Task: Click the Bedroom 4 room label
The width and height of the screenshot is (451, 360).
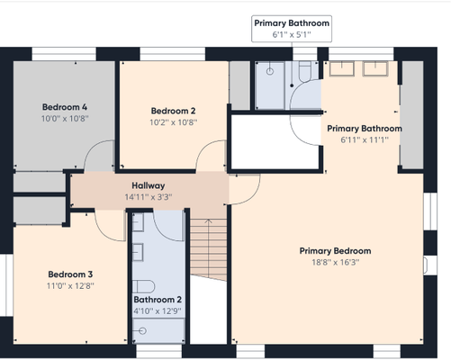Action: point(65,107)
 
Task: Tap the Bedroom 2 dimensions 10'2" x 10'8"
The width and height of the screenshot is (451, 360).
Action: point(174,122)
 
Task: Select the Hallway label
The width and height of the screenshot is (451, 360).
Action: point(149,185)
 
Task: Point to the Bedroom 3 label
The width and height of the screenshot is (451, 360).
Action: point(70,274)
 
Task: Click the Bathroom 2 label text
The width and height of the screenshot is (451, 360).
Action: point(158,300)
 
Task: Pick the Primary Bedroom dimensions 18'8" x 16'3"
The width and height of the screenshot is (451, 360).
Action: point(336,263)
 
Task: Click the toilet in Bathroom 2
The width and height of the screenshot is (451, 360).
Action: point(143,286)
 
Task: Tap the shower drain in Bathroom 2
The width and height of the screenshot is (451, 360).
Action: point(143,331)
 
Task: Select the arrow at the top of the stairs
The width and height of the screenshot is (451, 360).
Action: point(208,221)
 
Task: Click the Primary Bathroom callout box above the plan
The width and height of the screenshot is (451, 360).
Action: point(292,29)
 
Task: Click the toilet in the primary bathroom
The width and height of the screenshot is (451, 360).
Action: point(305,71)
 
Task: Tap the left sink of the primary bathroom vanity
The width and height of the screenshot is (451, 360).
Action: point(342,68)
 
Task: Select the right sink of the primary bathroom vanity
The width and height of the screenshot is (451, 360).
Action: point(375,68)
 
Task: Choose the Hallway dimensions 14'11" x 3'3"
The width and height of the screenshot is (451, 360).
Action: point(149,197)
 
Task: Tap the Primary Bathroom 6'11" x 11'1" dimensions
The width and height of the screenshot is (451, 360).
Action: point(365,139)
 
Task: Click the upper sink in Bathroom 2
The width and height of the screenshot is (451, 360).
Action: point(138,222)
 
